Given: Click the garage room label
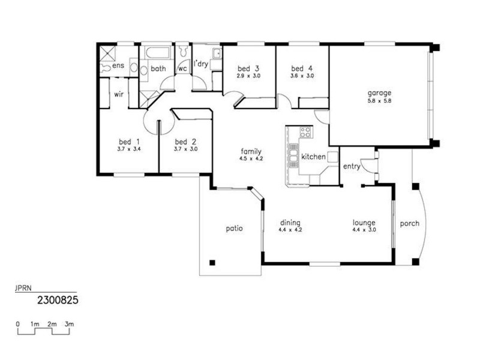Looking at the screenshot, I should [379, 93].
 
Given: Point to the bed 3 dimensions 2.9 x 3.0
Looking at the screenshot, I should [248, 76].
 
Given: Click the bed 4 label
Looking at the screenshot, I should [302, 68].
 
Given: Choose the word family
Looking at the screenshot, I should [251, 151].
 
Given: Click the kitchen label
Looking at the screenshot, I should [313, 157].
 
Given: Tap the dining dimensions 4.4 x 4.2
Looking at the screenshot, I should [289, 229].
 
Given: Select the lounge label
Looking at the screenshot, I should [364, 222].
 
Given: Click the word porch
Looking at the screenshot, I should [409, 224].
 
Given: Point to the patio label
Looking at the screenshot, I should [235, 228].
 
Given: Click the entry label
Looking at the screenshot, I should [352, 166].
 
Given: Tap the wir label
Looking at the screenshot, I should [119, 94].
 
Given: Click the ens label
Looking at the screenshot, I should [118, 66].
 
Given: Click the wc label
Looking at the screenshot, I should [182, 68].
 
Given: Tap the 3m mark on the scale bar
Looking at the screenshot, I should [70, 324].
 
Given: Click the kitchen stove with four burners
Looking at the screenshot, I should [305, 132].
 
